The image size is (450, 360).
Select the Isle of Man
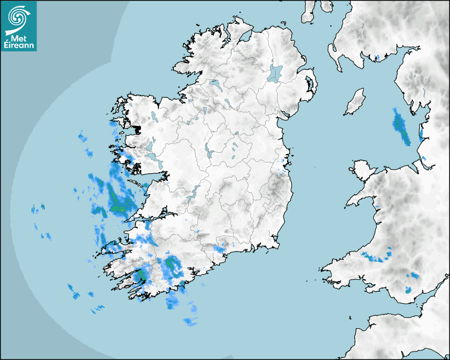[x=355, y=102]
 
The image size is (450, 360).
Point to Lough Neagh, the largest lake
[x=275, y=73]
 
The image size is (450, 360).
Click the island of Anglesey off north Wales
[x=363, y=169]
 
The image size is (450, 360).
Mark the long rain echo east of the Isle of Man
[x=401, y=127]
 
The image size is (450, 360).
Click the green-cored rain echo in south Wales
[x=408, y=290]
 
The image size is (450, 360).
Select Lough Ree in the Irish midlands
[x=210, y=153]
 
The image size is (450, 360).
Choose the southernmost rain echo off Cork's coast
[x=190, y=321]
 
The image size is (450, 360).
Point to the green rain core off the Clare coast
[x=118, y=208]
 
